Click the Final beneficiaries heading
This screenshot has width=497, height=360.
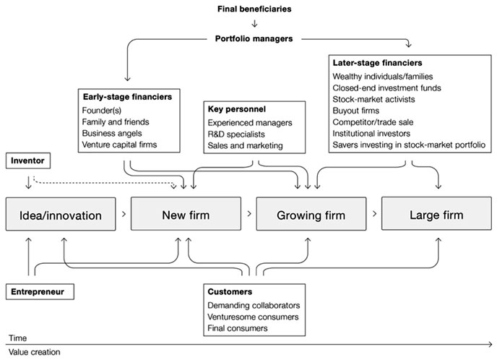click(x=254, y=9)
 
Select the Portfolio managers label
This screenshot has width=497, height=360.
click(x=254, y=39)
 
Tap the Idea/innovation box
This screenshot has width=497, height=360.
click(x=61, y=214)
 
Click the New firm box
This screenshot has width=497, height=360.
click(x=186, y=214)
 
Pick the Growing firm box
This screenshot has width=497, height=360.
click(x=311, y=214)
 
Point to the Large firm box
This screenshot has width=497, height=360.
click(x=436, y=213)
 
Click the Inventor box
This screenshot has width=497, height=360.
click(x=28, y=160)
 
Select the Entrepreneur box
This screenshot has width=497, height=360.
click(x=40, y=292)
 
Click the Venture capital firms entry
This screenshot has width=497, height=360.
click(x=119, y=145)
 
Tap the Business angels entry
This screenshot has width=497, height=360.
click(x=112, y=133)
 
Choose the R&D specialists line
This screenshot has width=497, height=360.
click(x=236, y=134)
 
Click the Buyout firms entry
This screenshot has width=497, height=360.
click(x=356, y=111)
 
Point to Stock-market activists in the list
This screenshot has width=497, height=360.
click(x=373, y=99)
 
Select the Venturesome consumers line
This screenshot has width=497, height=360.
click(x=253, y=317)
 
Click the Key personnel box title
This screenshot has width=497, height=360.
click(x=237, y=109)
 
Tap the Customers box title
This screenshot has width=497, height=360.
click(x=230, y=292)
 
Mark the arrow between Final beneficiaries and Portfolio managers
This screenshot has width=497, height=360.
click(x=254, y=24)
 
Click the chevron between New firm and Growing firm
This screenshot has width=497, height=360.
click(x=249, y=214)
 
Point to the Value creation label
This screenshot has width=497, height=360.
click(x=34, y=352)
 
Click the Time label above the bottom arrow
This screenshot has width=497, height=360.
click(x=18, y=338)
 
